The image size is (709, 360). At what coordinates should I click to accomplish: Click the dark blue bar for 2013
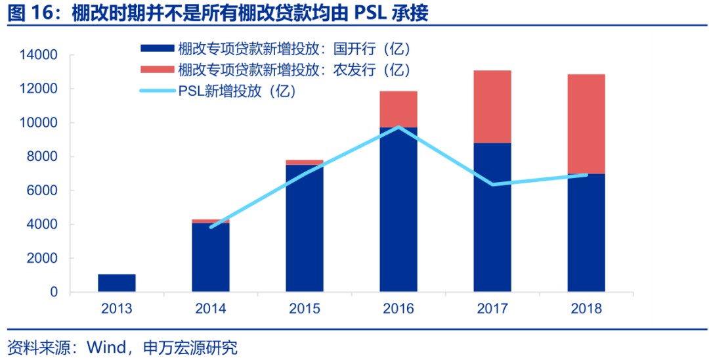pos(117,283)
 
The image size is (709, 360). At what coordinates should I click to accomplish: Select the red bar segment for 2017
pos(492,106)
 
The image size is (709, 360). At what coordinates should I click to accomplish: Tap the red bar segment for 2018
pos(586,124)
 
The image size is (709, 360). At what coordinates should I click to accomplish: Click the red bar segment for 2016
pos(398,109)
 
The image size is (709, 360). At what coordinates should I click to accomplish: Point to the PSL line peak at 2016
pos(398,127)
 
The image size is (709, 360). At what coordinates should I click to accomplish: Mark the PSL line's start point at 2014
pos(211,227)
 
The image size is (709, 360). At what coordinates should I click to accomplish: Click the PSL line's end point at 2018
pos(586,175)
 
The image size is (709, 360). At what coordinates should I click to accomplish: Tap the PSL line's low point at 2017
pos(492,185)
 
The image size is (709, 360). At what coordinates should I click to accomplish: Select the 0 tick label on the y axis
pos(54,292)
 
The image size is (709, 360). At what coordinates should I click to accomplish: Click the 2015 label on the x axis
pos(305,309)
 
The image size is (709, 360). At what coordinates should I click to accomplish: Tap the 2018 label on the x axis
pos(586,309)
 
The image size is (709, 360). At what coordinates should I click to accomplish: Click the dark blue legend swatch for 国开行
pos(157,49)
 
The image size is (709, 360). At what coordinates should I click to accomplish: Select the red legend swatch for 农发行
pos(157,69)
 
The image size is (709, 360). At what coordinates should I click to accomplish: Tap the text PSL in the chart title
pos(371,12)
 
